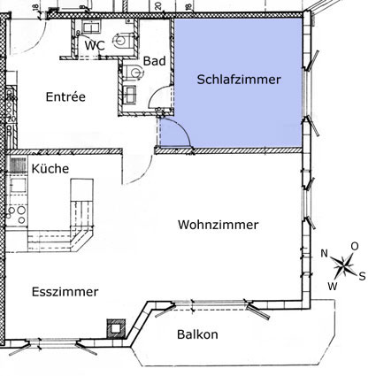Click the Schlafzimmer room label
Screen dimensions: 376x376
(x=239, y=80)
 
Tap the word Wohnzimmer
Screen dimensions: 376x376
(x=218, y=225)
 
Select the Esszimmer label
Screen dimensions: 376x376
(x=65, y=292)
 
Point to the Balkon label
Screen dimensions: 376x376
(x=197, y=334)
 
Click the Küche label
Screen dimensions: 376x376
(x=50, y=168)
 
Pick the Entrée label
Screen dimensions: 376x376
(x=65, y=96)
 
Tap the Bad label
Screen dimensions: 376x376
(x=154, y=61)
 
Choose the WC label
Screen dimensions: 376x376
(x=95, y=46)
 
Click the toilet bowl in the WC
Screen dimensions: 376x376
(x=123, y=41)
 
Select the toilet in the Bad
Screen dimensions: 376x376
(x=134, y=72)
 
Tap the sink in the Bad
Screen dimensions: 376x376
(x=129, y=94)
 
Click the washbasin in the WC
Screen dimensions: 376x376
(x=91, y=27)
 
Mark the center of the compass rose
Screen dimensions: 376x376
(x=344, y=266)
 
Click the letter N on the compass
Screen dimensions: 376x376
(x=325, y=253)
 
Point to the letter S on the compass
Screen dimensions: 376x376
(x=362, y=276)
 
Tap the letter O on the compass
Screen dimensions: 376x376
(x=355, y=246)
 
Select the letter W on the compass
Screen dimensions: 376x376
(x=333, y=286)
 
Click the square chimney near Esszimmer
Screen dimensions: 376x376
(x=116, y=328)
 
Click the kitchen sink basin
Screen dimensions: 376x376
(x=19, y=185)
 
